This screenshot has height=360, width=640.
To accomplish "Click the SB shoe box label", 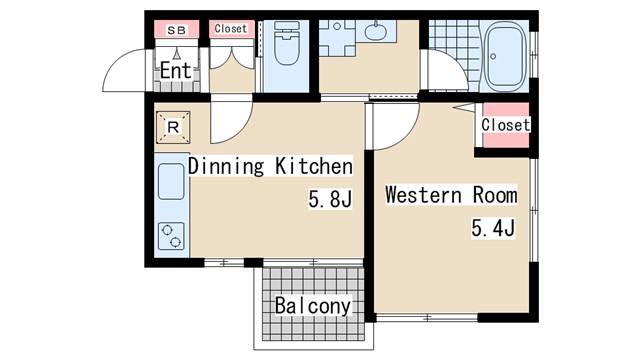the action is click(x=176, y=30).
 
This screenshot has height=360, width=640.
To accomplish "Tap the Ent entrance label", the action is click(x=176, y=71).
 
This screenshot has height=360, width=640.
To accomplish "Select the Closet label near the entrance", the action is click(x=231, y=29).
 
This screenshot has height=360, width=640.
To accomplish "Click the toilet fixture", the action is click(x=287, y=43).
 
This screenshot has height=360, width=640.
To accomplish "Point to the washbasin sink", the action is click(x=375, y=31).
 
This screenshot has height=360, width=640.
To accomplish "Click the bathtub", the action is click(x=505, y=56).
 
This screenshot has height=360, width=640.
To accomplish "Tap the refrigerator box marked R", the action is click(x=173, y=127).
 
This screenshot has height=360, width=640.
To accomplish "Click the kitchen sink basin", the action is click(x=171, y=181).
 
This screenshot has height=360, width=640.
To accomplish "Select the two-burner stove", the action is click(x=171, y=236).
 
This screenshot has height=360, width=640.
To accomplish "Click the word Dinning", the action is click(x=226, y=166).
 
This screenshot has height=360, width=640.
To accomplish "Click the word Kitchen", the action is click(x=313, y=166).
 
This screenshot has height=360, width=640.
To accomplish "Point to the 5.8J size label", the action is click(x=330, y=199).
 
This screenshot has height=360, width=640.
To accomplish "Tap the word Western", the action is click(x=424, y=195).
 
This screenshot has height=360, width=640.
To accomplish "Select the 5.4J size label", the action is click(x=493, y=228).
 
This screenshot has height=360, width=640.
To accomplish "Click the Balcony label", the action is click(x=313, y=306).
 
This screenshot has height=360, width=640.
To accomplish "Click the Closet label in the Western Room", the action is click(x=506, y=125).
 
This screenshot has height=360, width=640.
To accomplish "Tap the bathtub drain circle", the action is click(x=493, y=56).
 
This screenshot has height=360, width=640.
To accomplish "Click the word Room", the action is click(x=495, y=195).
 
